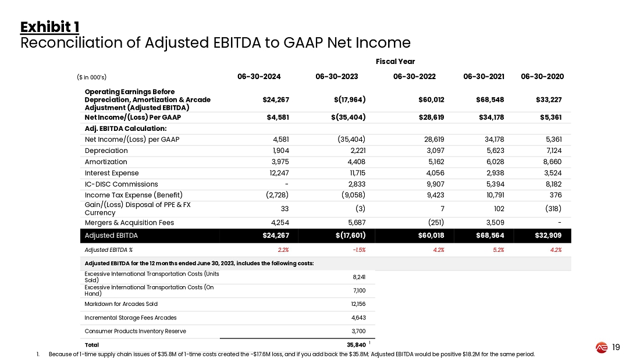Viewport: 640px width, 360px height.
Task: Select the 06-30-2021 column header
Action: click(484, 76)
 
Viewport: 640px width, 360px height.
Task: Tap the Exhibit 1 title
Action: click(49, 27)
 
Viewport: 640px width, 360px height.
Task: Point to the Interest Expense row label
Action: click(112, 173)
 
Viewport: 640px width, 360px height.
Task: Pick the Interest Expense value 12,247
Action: click(277, 173)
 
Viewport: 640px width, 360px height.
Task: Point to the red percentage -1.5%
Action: click(357, 250)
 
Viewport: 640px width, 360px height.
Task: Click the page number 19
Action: click(617, 348)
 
